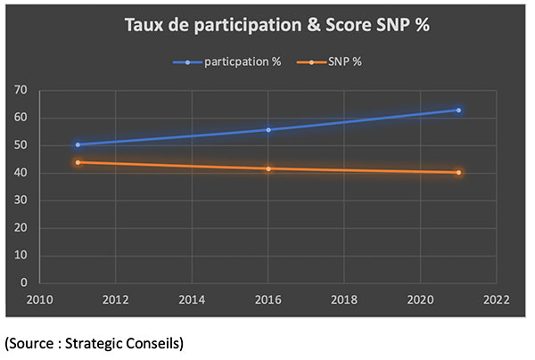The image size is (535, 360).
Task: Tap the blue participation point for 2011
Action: coord(78,144)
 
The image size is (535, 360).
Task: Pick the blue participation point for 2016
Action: coord(268,129)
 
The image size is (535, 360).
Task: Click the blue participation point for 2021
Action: coord(458,110)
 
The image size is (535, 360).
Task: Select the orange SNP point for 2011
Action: coord(78,162)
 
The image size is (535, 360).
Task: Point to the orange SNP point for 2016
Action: coord(268,168)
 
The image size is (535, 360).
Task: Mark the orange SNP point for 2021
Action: coord(458,172)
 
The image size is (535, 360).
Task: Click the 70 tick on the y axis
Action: coord(21,91)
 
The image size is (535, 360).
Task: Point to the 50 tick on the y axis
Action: coord(21,145)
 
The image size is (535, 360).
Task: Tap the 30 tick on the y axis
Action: coord(21,200)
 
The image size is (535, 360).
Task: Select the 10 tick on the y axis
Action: coord(21,255)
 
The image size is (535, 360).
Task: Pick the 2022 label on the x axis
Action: coord(496,299)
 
